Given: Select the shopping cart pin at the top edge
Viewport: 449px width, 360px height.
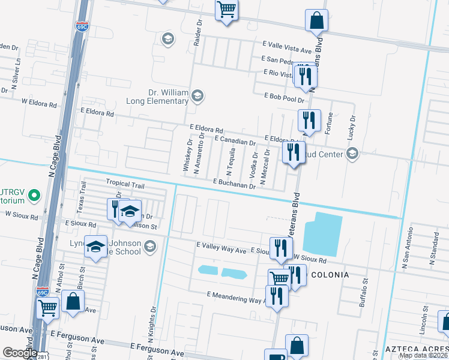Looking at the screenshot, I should (227, 10).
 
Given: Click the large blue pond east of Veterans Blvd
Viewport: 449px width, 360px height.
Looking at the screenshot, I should (322, 234).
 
